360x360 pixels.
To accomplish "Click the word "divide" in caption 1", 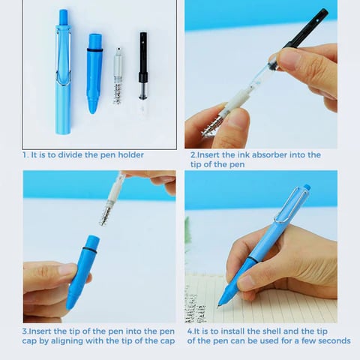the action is tap(70, 154).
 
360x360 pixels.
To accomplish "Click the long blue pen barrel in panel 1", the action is tap(63, 73).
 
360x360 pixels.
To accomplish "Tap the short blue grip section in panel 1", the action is tap(94, 73).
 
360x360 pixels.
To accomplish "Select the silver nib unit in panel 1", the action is tap(118, 76).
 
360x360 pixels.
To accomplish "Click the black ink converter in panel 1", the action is tap(143, 73).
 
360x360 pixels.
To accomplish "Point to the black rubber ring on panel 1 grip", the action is tap(94, 50).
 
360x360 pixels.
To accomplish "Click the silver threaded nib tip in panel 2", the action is tap(211, 126).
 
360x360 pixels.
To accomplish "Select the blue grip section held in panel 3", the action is tap(82, 272).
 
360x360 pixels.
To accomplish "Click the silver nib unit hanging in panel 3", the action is tap(112, 199).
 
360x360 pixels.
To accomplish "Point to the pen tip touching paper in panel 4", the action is tap(219, 304).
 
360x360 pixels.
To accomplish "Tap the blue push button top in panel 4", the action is tap(307, 187).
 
